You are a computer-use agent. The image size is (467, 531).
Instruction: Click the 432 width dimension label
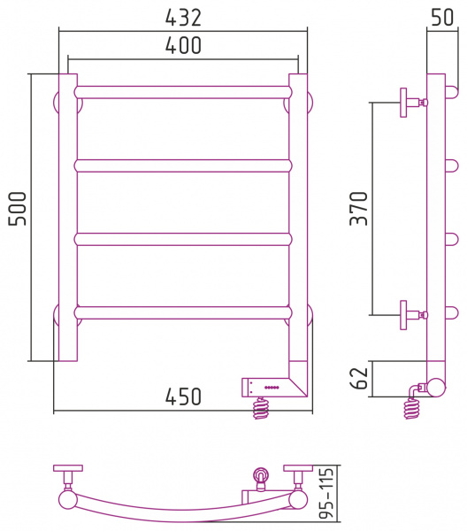183,18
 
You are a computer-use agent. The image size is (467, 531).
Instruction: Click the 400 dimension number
183,45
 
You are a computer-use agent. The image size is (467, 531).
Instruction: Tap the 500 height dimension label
18,208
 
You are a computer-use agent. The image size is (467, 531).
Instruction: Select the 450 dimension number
183,396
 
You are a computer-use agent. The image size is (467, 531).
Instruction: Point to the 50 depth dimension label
442,18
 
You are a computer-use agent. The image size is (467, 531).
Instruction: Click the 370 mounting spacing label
359,208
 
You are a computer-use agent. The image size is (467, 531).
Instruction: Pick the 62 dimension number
359,378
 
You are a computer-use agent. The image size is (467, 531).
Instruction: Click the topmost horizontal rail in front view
183,92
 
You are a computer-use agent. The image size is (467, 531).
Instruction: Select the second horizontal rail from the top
183,165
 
